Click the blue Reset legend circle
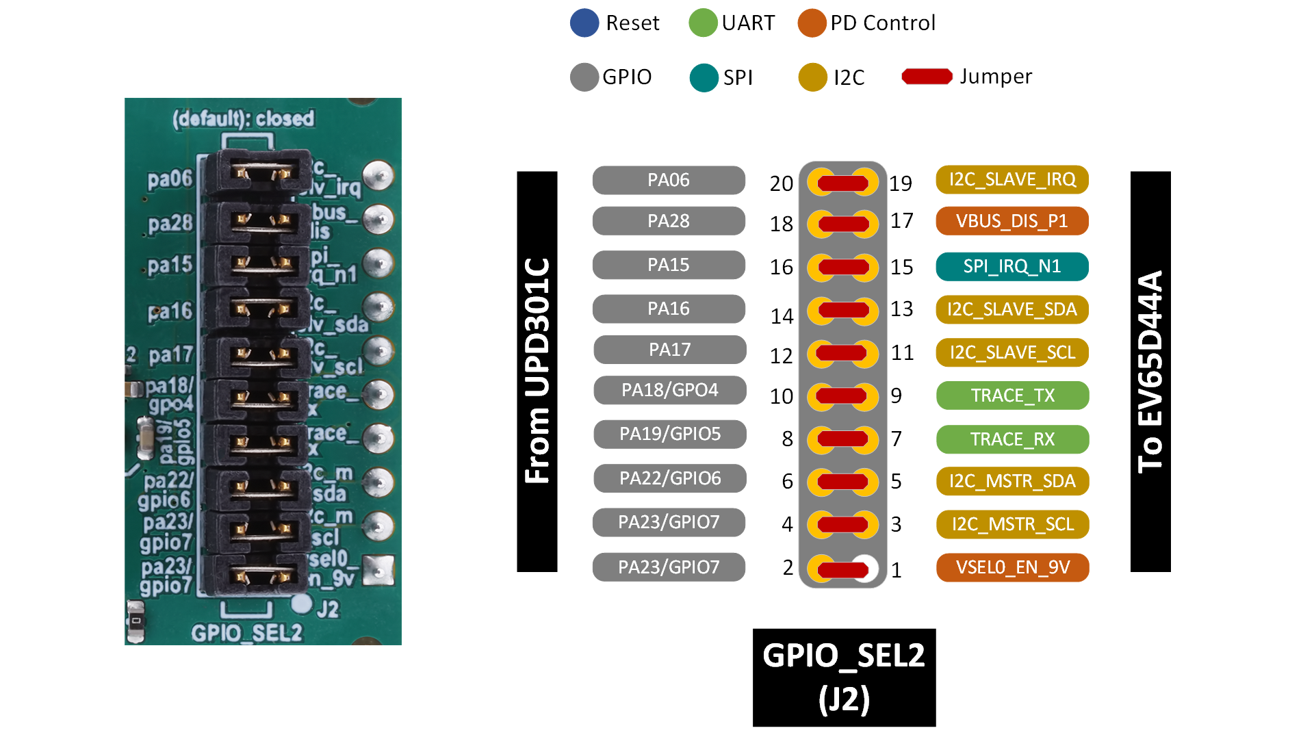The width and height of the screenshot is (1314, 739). pos(584,23)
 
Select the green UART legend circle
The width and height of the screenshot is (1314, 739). pos(703,23)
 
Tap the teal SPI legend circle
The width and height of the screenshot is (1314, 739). pos(704,77)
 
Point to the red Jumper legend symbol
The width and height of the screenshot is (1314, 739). pos(927,77)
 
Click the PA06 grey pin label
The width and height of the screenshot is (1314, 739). pos(669,180)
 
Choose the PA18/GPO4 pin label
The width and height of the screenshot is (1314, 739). pos(669,390)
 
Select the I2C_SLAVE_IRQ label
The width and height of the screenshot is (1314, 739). pos(1012,179)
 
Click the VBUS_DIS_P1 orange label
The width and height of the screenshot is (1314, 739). pos(1012,221)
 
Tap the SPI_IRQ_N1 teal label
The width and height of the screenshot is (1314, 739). pos(1012,266)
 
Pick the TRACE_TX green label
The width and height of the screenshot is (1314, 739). pos(1012,396)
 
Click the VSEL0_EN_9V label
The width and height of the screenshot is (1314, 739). pos(1012,567)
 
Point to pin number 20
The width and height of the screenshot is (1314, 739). pos(781,183)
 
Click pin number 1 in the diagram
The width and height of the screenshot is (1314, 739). pos(896,569)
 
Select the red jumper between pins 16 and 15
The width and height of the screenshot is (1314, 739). pos(843,267)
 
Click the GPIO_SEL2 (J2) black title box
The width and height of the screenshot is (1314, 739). pos(844,677)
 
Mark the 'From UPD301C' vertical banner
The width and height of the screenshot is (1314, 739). pos(537,371)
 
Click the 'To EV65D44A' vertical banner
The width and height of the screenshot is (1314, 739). pos(1150,371)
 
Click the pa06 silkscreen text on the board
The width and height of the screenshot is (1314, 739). pos(170,179)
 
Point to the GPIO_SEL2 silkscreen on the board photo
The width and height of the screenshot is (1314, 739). pos(246,633)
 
